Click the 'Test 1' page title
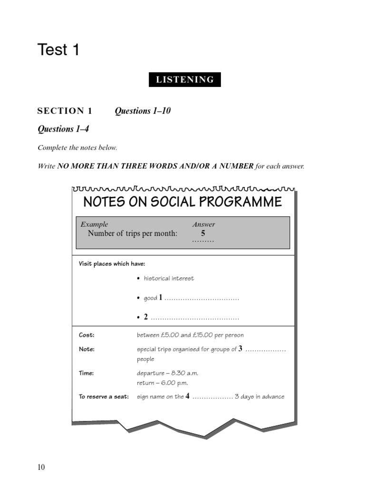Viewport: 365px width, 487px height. (x=58, y=50)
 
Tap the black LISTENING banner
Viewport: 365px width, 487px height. (x=185, y=80)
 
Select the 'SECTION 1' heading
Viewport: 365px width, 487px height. (x=65, y=111)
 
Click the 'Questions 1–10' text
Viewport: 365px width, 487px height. (x=143, y=111)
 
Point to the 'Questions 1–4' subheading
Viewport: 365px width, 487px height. (x=63, y=129)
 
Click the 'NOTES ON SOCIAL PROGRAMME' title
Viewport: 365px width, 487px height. (x=182, y=202)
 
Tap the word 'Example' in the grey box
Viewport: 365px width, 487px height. (x=94, y=224)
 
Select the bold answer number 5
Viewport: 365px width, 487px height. (x=203, y=234)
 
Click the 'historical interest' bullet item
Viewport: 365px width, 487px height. (x=169, y=279)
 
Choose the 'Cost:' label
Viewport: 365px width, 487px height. (x=86, y=335)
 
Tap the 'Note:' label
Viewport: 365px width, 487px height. (x=86, y=350)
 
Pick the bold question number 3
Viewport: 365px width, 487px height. (x=240, y=349)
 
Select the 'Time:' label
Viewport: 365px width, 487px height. (x=86, y=373)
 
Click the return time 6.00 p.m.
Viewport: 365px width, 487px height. (x=174, y=383)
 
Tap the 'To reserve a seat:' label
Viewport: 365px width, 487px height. (x=104, y=397)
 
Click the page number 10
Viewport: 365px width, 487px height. (x=41, y=468)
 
